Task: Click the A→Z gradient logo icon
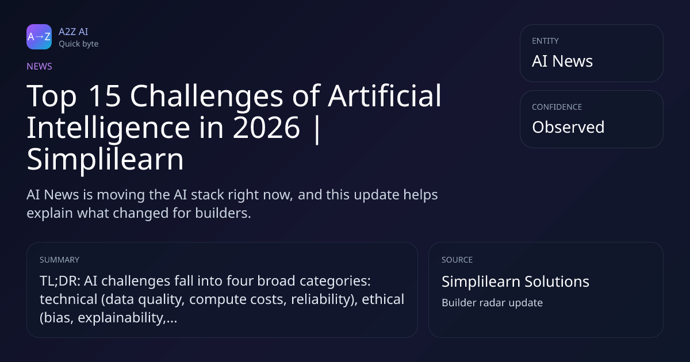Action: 39,37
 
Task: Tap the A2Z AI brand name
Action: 74,32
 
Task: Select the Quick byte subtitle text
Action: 79,44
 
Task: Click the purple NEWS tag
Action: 39,66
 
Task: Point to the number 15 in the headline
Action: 104,96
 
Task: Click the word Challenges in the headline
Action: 206,97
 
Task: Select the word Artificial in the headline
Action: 385,95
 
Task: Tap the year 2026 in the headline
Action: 266,128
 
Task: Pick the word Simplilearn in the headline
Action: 105,160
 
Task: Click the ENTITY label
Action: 545,41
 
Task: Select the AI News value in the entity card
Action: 562,61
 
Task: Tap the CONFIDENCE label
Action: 557,107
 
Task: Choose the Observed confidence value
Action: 568,127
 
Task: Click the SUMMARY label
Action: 59,260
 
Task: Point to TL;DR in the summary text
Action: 60,281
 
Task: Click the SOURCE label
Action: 457,260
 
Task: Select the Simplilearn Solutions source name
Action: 515,282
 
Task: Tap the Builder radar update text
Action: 492,303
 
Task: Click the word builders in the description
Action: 223,213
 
